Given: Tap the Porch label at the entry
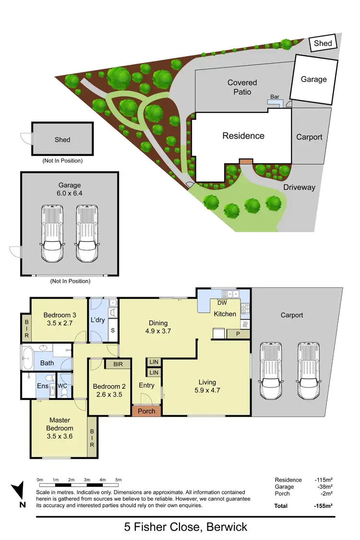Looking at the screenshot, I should (x=146, y=411).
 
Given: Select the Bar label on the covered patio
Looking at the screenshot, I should (x=275, y=96).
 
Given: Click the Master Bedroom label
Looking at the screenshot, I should (x=60, y=424).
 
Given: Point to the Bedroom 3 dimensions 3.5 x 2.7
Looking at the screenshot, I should (x=60, y=323).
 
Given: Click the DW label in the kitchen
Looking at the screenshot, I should (x=222, y=303).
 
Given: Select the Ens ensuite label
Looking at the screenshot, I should (x=42, y=385).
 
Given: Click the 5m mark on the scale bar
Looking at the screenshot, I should (x=119, y=480).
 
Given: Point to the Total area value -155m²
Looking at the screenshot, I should (x=323, y=506).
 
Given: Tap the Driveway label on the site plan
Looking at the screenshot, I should (x=299, y=187).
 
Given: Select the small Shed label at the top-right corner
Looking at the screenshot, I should (x=323, y=44).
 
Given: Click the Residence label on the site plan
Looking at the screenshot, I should (x=243, y=136).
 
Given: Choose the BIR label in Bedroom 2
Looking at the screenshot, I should (x=119, y=364).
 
